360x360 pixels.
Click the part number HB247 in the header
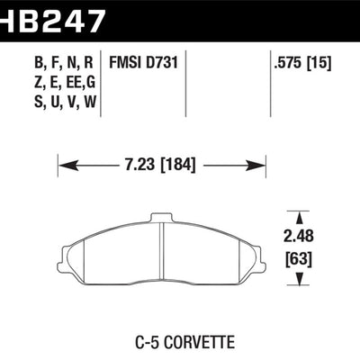52,15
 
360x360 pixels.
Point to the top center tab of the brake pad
160,217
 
